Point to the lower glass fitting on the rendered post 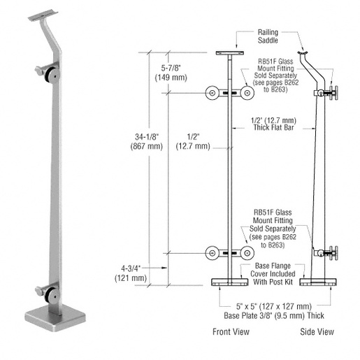point(46,290)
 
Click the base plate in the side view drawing point(319,282)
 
